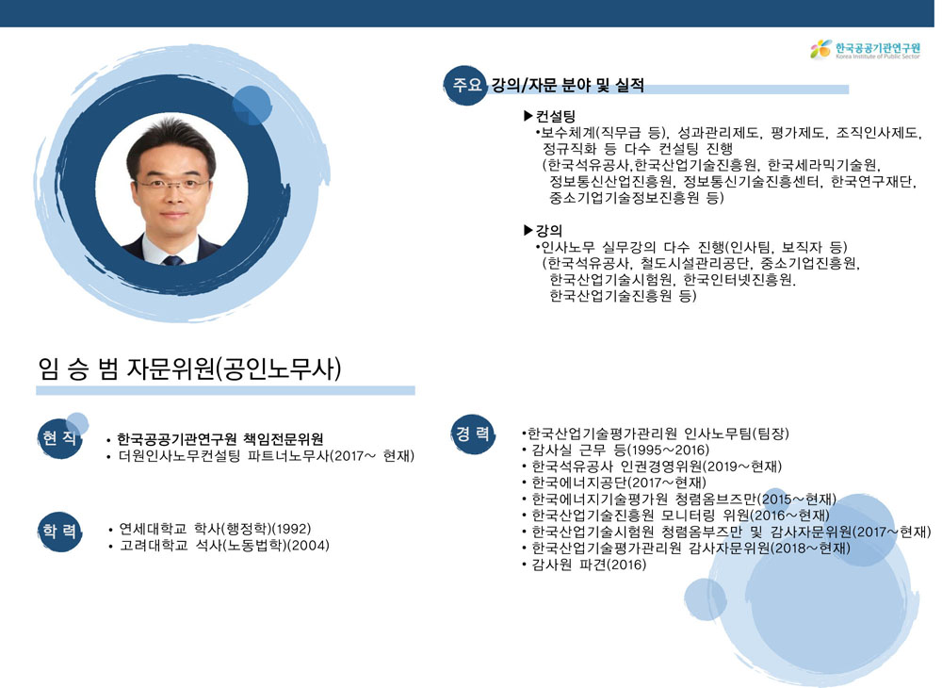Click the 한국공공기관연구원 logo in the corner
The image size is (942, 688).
coord(865,49)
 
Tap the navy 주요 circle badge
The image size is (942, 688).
coord(465,86)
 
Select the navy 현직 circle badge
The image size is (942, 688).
coord(58,438)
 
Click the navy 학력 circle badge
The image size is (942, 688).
coord(58,532)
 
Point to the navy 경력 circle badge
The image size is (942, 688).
coord(473,434)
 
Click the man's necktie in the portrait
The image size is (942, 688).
coord(173,259)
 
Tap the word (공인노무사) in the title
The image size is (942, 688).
coord(278,369)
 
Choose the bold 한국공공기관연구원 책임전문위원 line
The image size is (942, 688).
coord(220,438)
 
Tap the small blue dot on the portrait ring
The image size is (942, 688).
coord(252,106)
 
